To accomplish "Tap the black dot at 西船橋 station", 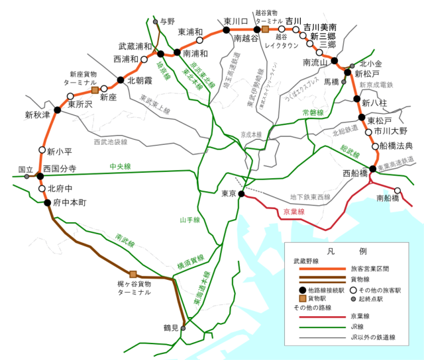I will (x=373, y=169).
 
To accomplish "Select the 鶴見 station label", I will (x=172, y=328).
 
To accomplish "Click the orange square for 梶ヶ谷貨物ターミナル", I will (x=133, y=274).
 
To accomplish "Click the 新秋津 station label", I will (x=38, y=115).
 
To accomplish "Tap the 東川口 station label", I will (x=235, y=21).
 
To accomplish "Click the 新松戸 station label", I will (x=368, y=73).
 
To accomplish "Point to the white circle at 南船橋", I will (x=397, y=191).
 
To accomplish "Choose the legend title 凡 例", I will (x=346, y=251).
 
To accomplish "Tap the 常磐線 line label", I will (x=313, y=113).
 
